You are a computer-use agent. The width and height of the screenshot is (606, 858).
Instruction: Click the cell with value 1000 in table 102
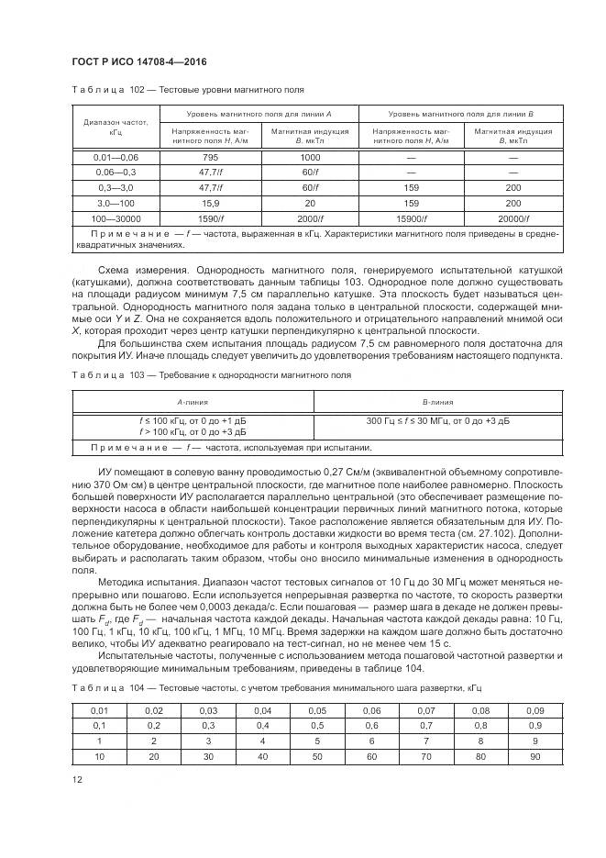tap(310, 158)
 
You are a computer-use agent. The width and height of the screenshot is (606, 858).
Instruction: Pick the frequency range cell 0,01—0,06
tap(116, 158)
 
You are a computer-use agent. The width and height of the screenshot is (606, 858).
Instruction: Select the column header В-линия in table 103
tap(438, 402)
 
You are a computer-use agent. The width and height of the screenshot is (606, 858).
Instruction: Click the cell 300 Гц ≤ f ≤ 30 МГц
tap(438, 419)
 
